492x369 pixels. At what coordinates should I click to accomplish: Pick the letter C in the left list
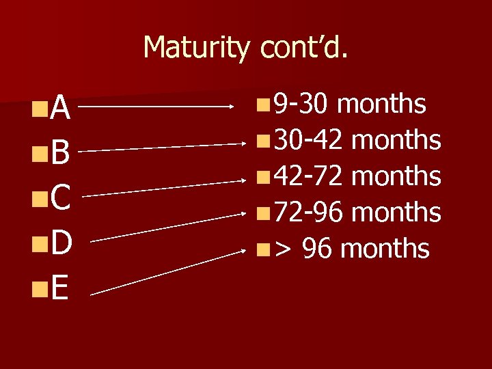[59, 199]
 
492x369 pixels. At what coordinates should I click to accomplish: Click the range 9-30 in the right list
[301, 105]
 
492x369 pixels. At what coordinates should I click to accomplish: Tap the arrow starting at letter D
[167, 227]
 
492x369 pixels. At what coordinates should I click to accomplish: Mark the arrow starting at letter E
[167, 272]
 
